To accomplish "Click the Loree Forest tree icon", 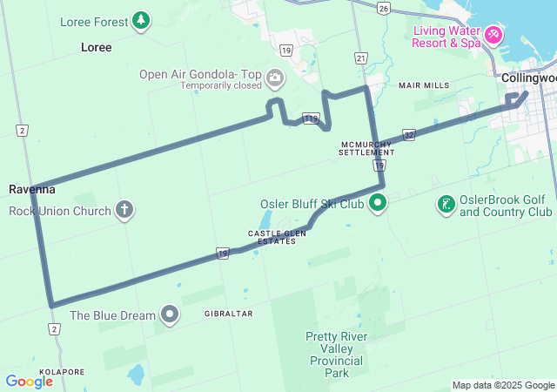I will click(x=141, y=20).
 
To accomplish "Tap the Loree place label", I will click(x=96, y=47).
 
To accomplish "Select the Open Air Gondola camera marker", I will click(x=275, y=78).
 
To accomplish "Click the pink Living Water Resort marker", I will click(x=493, y=35).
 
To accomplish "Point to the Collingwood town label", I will click(x=527, y=78).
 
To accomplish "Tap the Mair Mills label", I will click(x=424, y=85).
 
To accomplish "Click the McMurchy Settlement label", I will click(x=366, y=147).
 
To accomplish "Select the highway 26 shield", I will click(x=383, y=8).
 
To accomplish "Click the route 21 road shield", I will click(x=360, y=57).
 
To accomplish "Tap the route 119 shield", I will click(x=310, y=117).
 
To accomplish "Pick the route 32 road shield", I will click(x=409, y=135).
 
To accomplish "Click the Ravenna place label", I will click(x=32, y=189).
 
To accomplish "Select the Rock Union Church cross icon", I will click(x=124, y=210).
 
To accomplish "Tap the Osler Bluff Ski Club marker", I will click(x=377, y=205).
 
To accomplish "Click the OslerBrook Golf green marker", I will click(x=446, y=205).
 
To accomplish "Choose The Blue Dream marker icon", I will click(x=169, y=314).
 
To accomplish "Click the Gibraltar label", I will click(x=228, y=313).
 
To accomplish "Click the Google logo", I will click(x=29, y=381).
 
